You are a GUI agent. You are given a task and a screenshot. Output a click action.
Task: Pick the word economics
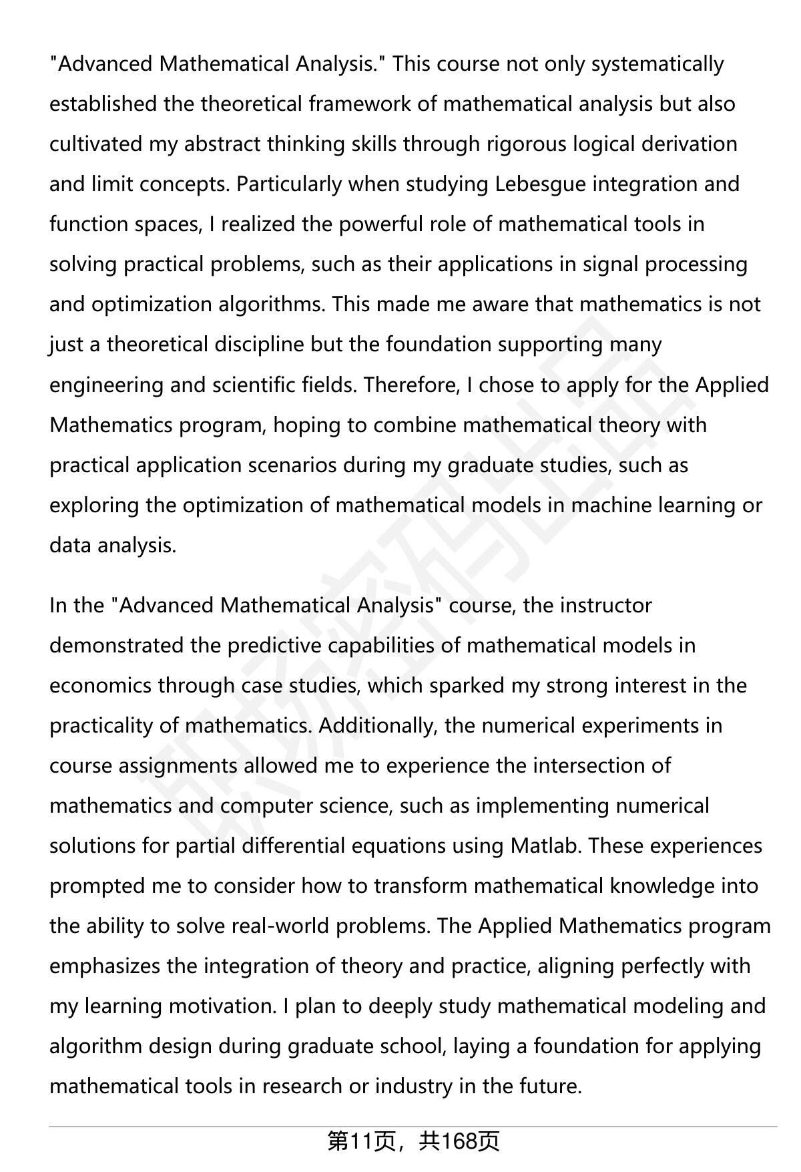click(100, 686)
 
